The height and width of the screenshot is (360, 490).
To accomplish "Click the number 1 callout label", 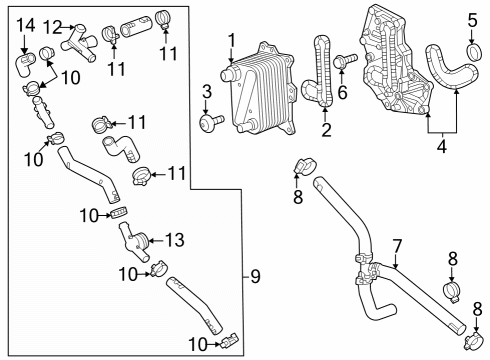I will pyautogui.click(x=231, y=40).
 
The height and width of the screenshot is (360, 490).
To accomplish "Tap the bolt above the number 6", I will pyautogui.click(x=341, y=61).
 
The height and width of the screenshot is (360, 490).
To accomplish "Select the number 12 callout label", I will pyautogui.click(x=51, y=25).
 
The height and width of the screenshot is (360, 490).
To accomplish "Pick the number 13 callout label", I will pyautogui.click(x=174, y=240).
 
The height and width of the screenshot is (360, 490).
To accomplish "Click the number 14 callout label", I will pyautogui.click(x=25, y=23).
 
